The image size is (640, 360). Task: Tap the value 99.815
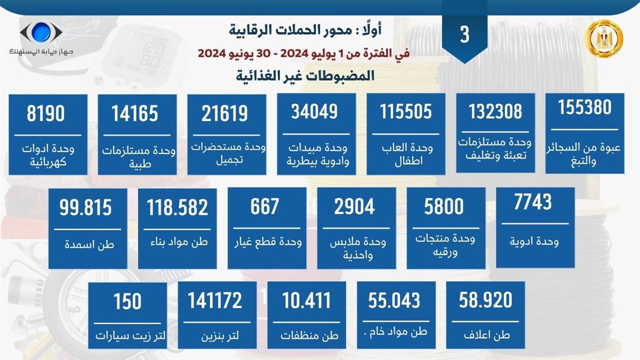tap(86, 207)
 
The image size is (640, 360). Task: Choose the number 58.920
tap(485, 300)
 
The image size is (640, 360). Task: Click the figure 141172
tap(215, 301)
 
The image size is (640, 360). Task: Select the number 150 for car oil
tap(127, 301)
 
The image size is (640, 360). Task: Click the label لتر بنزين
tap(216, 337)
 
